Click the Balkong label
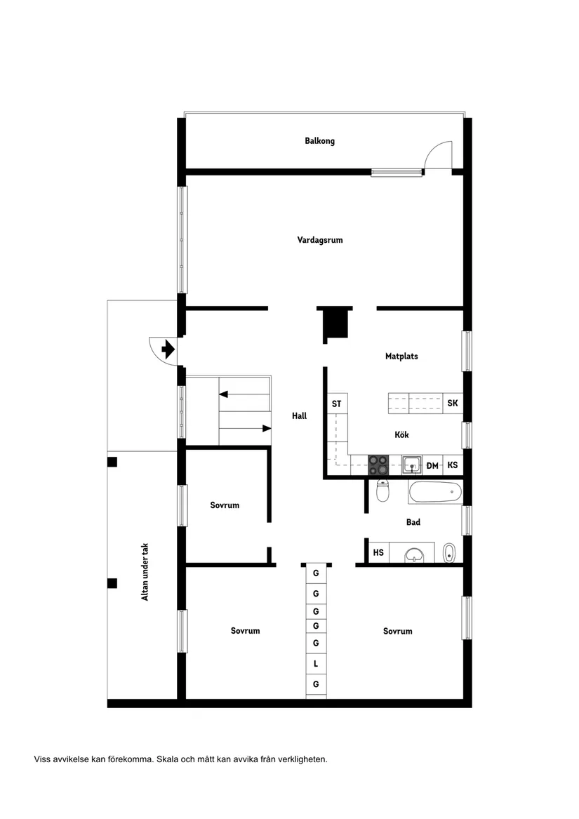coord(319,141)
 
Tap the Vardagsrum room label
coord(319,240)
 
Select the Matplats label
coord(401,357)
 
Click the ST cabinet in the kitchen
coord(337,404)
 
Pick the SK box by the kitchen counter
coord(453,404)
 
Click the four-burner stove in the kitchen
coord(379,465)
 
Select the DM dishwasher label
coord(432,465)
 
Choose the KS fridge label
coord(453,465)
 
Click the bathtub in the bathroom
coord(435,492)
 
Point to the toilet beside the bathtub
coord(382,491)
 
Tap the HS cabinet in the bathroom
coord(378,553)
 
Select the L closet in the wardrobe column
coord(316,663)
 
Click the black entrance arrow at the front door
coord(168,348)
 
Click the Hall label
coord(300,415)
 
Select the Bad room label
coord(413,522)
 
